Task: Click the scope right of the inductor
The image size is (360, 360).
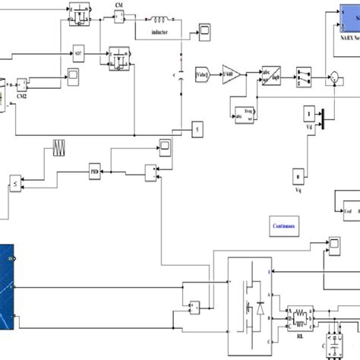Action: (205, 30)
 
